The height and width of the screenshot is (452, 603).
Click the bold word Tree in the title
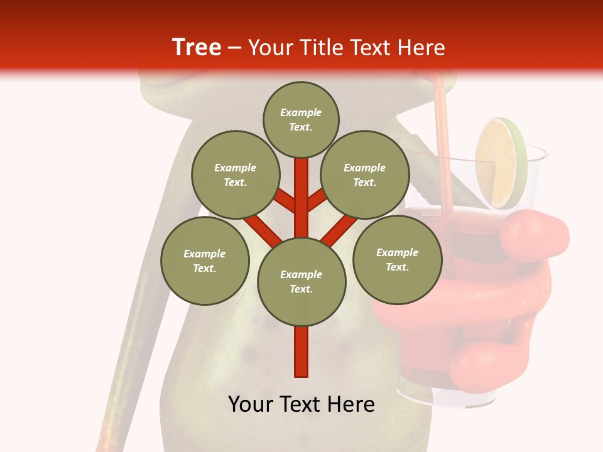point(197,48)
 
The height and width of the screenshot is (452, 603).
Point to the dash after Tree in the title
point(234,48)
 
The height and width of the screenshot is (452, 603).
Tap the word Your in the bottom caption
point(251,404)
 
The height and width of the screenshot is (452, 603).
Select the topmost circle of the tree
point(301,119)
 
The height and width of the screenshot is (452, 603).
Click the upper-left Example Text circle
point(235,175)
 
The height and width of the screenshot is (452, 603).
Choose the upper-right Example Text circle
point(364,175)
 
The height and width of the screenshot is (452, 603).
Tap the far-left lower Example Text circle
point(204,261)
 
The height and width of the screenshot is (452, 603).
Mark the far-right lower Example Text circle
point(397,259)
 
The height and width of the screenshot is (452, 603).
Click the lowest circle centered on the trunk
point(301,281)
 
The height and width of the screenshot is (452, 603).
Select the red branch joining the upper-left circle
point(285,200)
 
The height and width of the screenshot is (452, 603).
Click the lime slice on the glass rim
point(501,163)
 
